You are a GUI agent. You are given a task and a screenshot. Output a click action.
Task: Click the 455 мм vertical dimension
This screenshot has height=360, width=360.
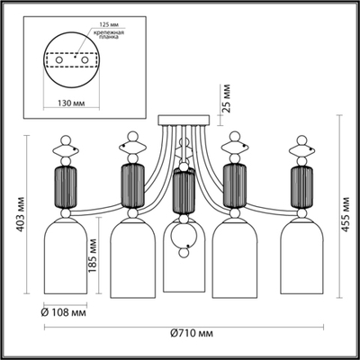coord(346,216)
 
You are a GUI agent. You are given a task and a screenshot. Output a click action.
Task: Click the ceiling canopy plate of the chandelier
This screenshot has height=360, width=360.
coord(184,120)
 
